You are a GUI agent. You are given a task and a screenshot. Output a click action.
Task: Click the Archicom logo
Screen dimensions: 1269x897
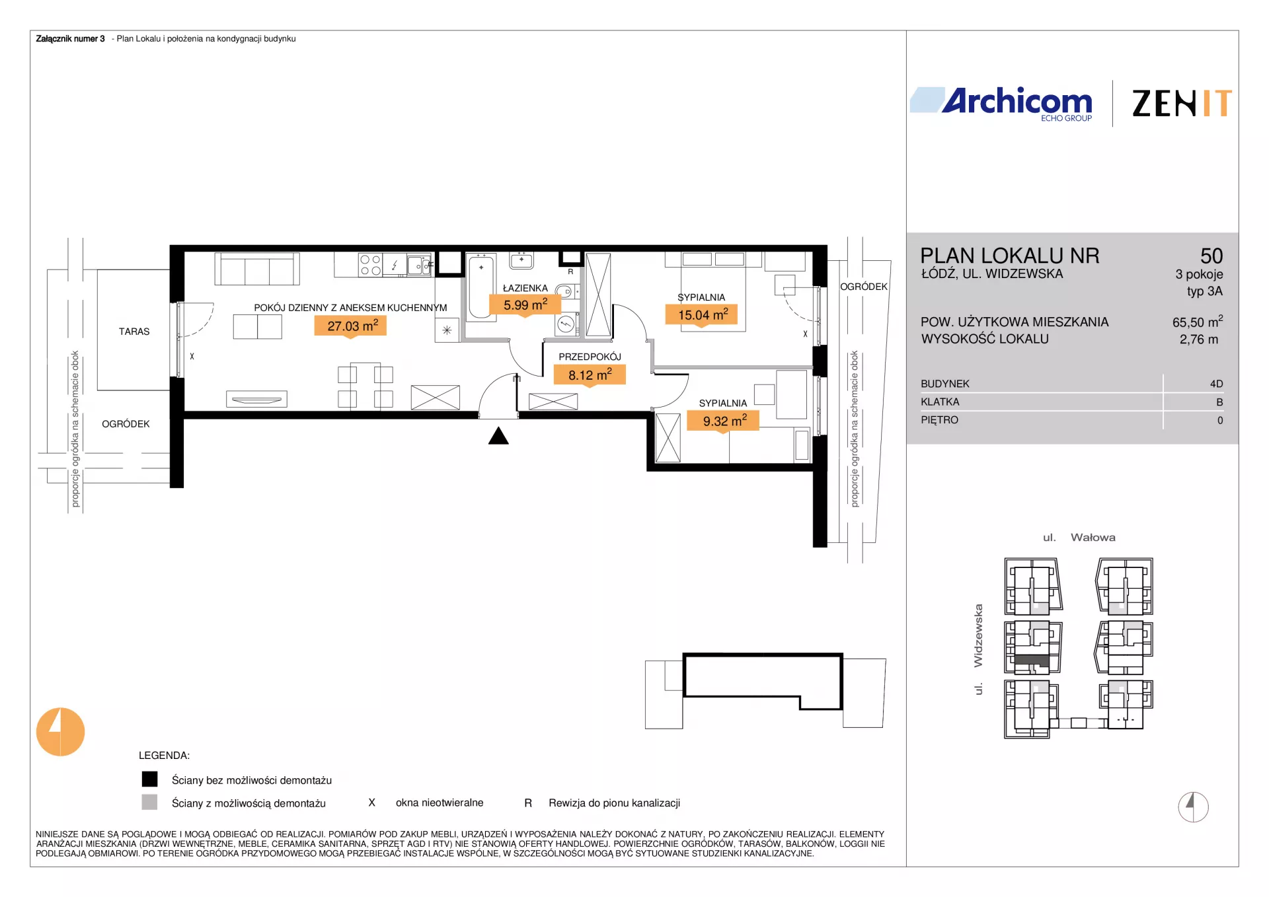1001,104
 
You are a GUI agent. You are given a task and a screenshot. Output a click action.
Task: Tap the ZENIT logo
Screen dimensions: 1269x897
1182,104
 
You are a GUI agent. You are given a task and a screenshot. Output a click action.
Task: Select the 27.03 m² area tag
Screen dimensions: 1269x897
350,326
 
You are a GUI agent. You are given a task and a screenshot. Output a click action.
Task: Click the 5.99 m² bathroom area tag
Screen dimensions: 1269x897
525,305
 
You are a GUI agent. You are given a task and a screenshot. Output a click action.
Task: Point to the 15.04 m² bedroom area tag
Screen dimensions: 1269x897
702,315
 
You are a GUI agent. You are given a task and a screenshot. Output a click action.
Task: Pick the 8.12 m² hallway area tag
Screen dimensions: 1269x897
590,375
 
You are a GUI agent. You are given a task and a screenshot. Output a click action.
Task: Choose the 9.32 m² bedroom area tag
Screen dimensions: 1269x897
723,421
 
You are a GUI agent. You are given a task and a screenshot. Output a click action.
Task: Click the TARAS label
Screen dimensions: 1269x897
134,332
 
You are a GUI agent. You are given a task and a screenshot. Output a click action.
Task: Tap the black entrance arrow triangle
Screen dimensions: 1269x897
498,436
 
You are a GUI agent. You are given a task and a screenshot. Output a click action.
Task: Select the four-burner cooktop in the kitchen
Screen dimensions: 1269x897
370,265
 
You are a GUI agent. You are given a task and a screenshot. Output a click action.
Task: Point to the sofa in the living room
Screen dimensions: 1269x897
257,269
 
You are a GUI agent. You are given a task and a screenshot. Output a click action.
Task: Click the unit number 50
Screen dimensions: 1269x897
1211,256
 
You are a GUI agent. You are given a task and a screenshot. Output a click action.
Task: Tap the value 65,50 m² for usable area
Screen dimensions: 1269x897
1198,322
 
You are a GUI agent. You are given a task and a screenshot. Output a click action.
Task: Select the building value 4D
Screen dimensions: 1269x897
1216,384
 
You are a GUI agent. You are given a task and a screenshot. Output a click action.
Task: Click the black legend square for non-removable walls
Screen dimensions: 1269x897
150,779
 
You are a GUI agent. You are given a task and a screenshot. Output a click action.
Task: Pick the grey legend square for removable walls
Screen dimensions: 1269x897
150,802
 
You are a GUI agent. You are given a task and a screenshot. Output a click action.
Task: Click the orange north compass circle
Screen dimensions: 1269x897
61,732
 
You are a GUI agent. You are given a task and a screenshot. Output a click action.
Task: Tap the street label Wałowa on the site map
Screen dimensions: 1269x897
1093,538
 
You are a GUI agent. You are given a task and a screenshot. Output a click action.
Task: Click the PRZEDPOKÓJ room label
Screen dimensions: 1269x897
590,357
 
